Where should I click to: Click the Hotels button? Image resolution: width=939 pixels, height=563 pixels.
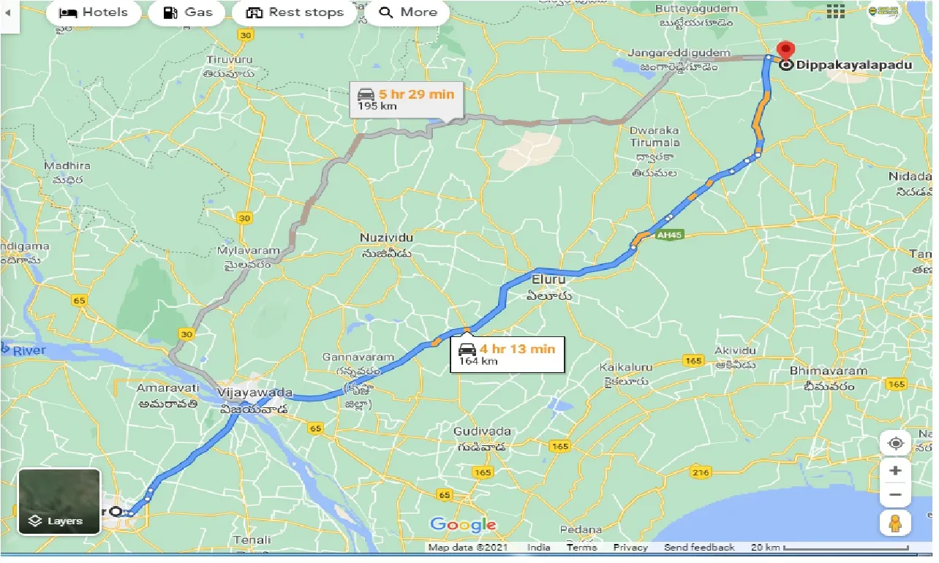93,12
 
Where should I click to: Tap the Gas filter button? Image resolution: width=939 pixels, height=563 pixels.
187,12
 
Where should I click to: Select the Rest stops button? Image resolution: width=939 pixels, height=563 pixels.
295,12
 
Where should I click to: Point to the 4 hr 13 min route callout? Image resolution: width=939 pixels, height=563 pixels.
507,354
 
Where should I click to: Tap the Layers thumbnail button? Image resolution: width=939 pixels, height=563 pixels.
59,501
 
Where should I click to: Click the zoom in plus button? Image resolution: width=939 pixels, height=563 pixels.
895,470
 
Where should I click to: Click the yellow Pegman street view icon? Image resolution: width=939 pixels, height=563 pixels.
895,522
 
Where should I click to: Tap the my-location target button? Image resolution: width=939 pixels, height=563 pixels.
895,443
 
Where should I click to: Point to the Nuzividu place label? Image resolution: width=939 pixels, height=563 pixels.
386,238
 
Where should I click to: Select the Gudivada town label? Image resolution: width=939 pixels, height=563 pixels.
481,431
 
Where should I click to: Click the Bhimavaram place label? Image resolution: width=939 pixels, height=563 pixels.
828,371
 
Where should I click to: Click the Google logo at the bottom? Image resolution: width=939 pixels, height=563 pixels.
463,524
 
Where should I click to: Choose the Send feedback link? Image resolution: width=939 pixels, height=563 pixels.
698,548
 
